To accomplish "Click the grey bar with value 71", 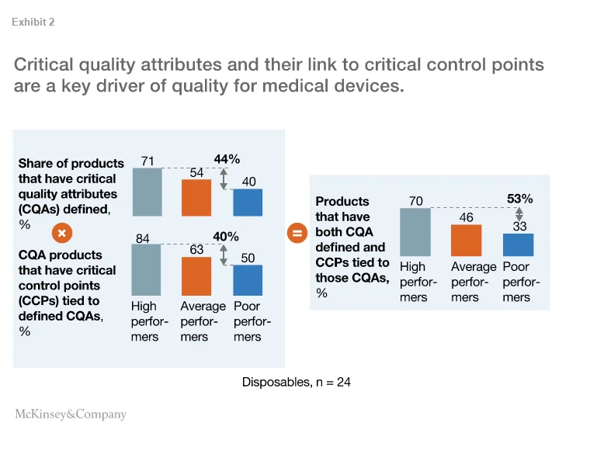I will click(x=147, y=192).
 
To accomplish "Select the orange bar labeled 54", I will click(x=196, y=198).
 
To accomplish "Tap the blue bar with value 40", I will click(x=248, y=203).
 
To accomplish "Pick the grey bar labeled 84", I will click(x=147, y=270).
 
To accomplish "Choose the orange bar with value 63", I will click(x=196, y=276).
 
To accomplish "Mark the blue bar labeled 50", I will click(x=248, y=280).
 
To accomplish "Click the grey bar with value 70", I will click(x=415, y=232).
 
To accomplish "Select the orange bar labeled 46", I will click(x=466, y=241).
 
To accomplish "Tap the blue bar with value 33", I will click(x=518, y=244).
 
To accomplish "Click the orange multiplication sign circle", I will click(x=63, y=232).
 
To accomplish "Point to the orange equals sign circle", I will click(x=297, y=232).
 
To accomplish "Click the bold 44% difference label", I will click(x=227, y=159).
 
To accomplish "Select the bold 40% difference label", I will click(x=227, y=237).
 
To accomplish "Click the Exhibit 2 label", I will click(x=33, y=23).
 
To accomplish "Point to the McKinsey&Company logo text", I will click(x=71, y=414).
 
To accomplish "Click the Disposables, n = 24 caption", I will click(x=297, y=382).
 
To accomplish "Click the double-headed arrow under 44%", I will click(x=224, y=179).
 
